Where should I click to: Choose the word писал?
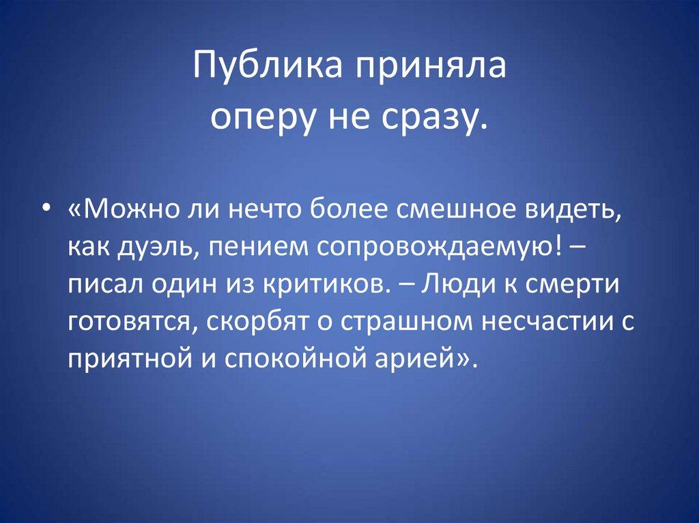(100, 284)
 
